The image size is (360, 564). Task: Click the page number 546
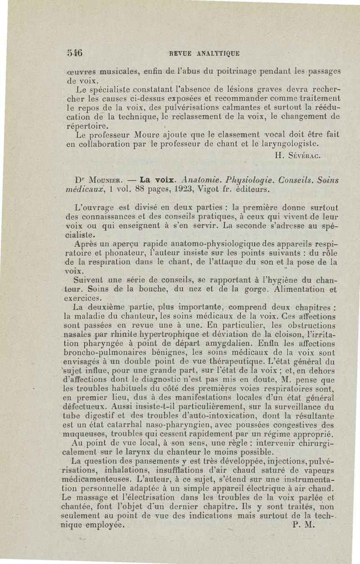click(68, 52)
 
